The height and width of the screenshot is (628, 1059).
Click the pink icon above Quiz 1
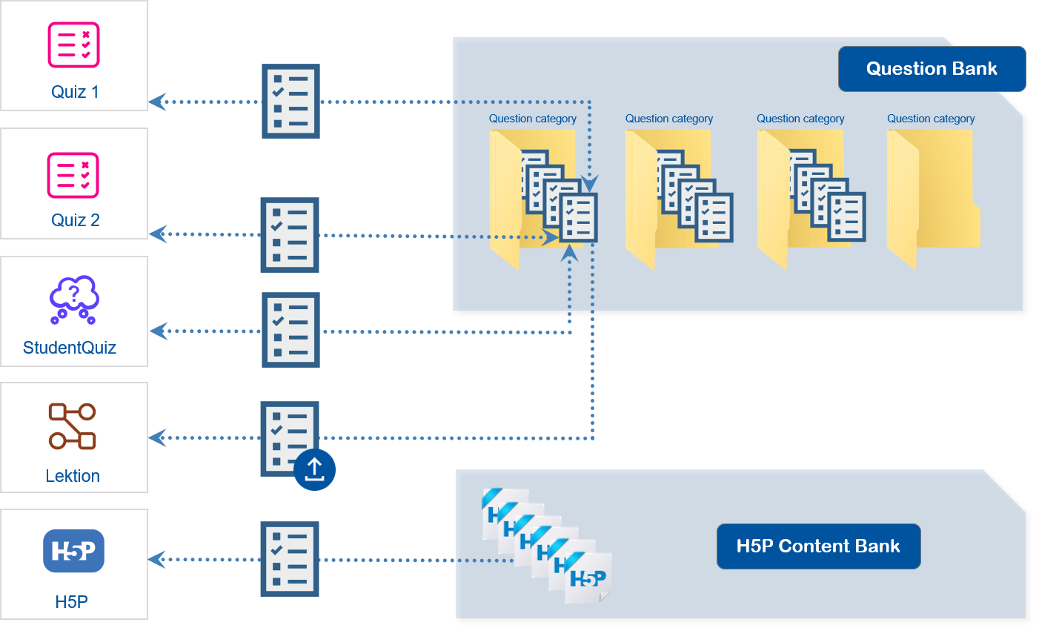pyautogui.click(x=74, y=44)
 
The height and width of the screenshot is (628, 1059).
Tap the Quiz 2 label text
pyautogui.click(x=75, y=220)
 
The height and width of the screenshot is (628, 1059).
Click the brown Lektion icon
pyautogui.click(x=72, y=426)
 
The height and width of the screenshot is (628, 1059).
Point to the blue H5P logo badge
pyautogui.click(x=73, y=551)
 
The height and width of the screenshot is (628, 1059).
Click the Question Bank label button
pyautogui.click(x=932, y=69)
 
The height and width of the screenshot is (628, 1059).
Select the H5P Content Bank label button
pyautogui.click(x=818, y=546)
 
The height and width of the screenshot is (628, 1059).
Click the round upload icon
pyautogui.click(x=315, y=469)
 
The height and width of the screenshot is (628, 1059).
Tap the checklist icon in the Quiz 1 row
pyautogui.click(x=291, y=101)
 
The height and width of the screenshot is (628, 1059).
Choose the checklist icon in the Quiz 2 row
pyautogui.click(x=290, y=234)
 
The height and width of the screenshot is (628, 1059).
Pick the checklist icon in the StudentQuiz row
pyautogui.click(x=291, y=330)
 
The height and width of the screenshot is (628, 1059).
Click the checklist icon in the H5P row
pyautogui.click(x=290, y=559)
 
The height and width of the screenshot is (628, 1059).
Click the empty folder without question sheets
pyautogui.click(x=933, y=196)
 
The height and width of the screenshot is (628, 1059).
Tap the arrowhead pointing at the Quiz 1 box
pyautogui.click(x=158, y=102)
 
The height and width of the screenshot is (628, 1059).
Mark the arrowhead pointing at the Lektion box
pyautogui.click(x=158, y=437)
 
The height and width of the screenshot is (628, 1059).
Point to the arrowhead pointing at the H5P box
pyautogui.click(x=158, y=559)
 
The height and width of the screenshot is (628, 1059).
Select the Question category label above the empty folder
pyautogui.click(x=931, y=119)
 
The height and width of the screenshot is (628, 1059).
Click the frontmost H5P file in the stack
pyautogui.click(x=589, y=578)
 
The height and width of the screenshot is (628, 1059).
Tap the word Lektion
pyautogui.click(x=73, y=476)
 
